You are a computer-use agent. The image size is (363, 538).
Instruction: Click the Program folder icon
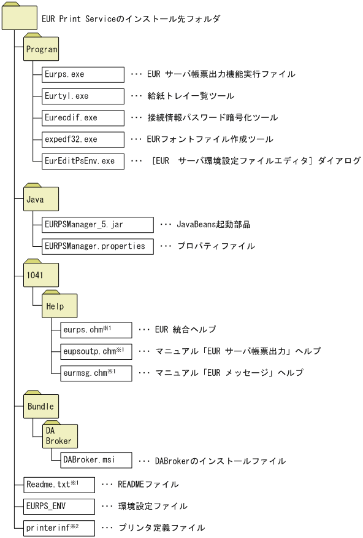coord(41,49)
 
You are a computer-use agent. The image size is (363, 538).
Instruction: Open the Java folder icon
coord(41,199)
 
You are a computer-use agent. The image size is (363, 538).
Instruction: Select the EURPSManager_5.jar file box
coord(97,224)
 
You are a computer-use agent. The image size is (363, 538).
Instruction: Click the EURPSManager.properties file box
coord(97,246)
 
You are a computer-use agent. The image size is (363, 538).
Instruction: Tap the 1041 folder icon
coord(41,275)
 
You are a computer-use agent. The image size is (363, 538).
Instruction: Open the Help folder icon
coord(60,305)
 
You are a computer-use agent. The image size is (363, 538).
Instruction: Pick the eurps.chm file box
coord(96,330)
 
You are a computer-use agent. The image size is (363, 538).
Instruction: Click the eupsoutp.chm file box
coord(96,351)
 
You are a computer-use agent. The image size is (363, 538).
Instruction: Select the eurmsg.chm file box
coord(96,373)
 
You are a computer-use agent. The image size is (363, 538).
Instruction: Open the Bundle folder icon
coord(41,406)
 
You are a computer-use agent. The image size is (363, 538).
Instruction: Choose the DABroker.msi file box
coord(96,461)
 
